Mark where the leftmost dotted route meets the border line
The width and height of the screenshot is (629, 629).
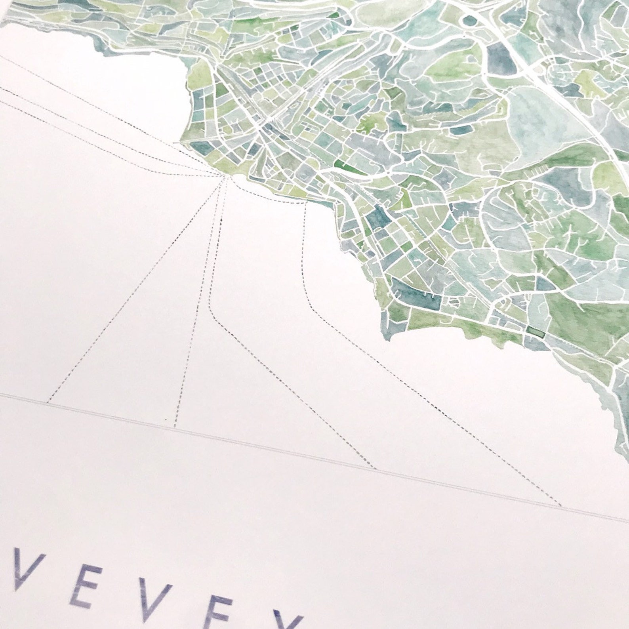click(48, 403)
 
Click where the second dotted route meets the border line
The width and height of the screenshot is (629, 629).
click(174, 427)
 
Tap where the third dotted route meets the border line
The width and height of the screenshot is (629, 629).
click(375, 468)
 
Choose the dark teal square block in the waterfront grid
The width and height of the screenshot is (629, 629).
click(379, 216)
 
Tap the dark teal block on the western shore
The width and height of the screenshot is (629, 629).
click(202, 148)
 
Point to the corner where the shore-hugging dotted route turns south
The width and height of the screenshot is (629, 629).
click(305, 204)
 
